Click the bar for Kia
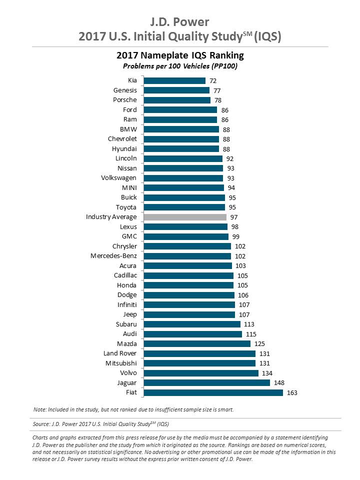click(x=174, y=80)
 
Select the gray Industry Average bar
click(x=185, y=217)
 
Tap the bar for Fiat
click(x=213, y=392)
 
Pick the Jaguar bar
click(x=207, y=382)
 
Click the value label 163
click(x=292, y=392)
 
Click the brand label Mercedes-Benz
click(x=113, y=256)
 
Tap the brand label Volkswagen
click(x=118, y=178)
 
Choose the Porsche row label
click(x=125, y=100)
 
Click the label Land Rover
click(x=120, y=353)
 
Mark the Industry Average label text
click(x=111, y=217)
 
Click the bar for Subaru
click(x=192, y=324)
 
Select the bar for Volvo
click(x=201, y=373)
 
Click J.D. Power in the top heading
click(x=180, y=21)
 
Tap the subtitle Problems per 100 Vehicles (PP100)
click(x=180, y=66)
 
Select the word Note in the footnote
click(x=39, y=409)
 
